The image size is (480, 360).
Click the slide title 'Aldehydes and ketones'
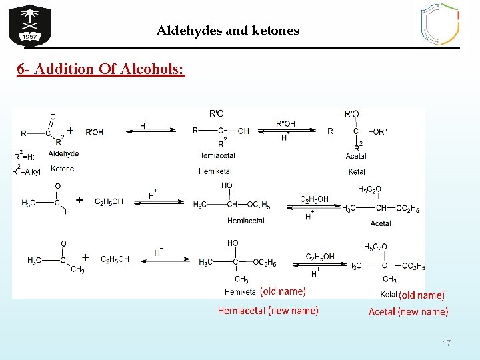point(228,31)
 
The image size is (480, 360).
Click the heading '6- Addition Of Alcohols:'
point(101,69)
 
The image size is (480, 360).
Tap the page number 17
point(446,343)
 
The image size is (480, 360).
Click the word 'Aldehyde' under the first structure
point(63,154)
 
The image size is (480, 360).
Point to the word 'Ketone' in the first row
point(62,169)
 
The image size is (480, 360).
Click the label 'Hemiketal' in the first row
point(215,171)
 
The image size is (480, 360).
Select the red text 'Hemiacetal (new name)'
point(268,311)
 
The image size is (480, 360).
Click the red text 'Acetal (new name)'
point(408,311)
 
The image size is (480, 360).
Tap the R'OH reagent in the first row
point(95,132)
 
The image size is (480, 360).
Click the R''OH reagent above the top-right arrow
point(285,123)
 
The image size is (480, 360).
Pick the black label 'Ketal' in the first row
point(357,171)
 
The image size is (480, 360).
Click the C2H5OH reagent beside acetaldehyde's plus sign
point(109,201)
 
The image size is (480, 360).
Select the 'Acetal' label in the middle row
point(381,223)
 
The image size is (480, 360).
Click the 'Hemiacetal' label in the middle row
point(245,221)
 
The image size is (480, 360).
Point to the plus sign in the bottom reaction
point(85,257)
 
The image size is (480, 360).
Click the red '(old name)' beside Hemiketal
point(283,291)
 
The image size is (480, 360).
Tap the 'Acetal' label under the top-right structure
point(356,156)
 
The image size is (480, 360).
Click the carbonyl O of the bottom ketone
point(63,244)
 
